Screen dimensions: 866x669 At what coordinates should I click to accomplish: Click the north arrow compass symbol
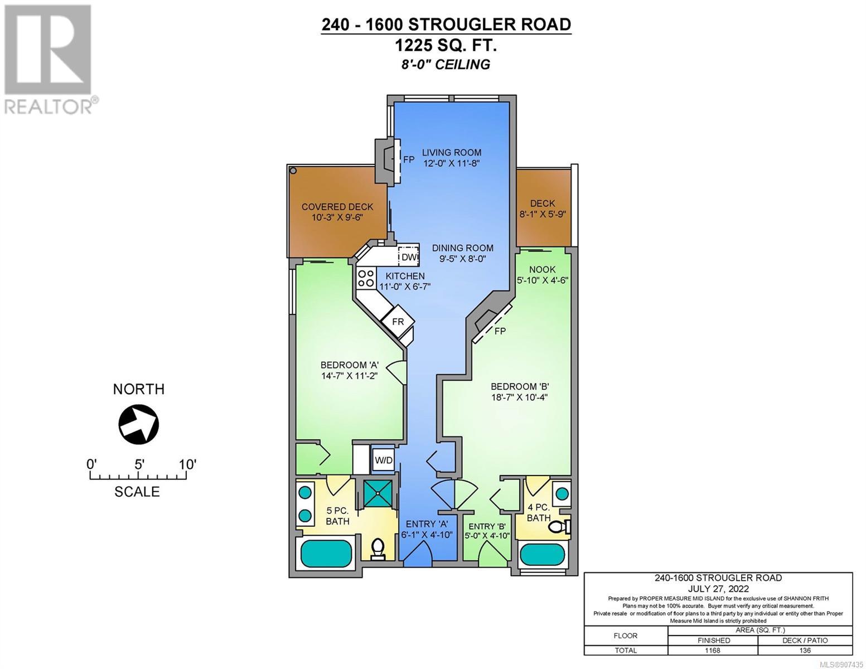coord(139,424)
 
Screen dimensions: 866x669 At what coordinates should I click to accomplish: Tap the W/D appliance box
coord(384,460)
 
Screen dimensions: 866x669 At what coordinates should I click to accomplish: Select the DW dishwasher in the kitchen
coord(409,257)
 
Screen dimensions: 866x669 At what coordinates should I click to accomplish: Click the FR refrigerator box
coord(398,322)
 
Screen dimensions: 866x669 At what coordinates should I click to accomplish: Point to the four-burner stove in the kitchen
coord(366,278)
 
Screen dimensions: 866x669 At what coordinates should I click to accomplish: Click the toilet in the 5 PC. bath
coord(377,550)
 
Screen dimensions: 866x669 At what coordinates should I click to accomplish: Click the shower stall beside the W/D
coord(376,494)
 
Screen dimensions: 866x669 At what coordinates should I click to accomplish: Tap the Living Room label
coord(452,152)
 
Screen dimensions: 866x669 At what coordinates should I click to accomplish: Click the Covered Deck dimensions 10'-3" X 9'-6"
coord(337,217)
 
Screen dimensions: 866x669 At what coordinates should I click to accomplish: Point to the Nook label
coord(543,269)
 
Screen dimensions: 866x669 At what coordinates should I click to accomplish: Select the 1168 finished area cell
coord(713,650)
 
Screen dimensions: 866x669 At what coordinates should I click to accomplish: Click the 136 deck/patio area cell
coord(805,650)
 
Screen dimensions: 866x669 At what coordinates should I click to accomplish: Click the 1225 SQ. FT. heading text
coord(446,46)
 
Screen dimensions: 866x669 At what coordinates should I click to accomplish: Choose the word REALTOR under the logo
coord(47,107)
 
